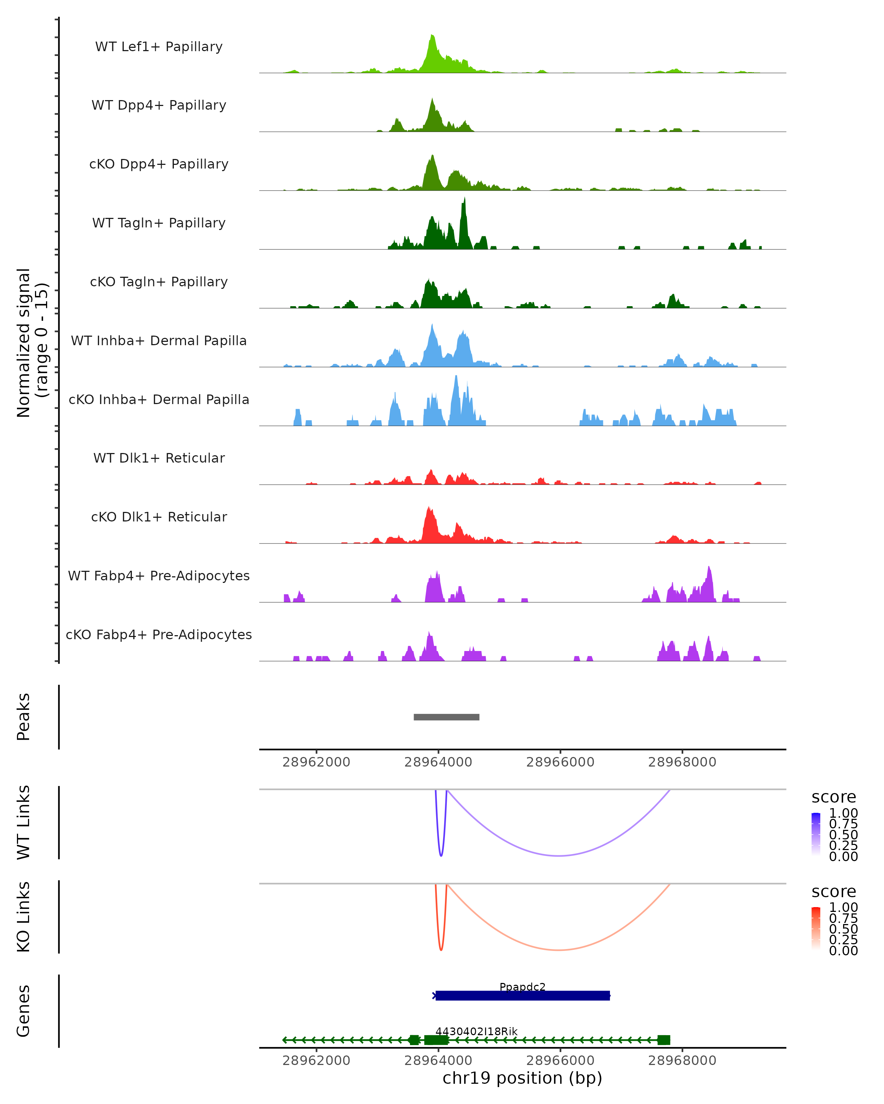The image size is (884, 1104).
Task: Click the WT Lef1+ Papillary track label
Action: click(159, 47)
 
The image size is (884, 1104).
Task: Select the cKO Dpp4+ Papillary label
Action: click(159, 164)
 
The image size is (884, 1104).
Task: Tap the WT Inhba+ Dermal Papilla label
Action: click(159, 341)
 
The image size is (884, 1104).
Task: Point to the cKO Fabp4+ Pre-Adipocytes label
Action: click(159, 635)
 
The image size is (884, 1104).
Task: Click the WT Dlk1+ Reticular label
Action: click(159, 458)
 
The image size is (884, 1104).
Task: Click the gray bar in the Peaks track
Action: click(446, 717)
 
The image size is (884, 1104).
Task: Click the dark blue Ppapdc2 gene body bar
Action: click(522, 996)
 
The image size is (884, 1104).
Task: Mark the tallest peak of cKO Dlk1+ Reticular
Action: click(429, 508)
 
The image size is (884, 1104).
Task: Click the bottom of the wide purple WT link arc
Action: click(559, 856)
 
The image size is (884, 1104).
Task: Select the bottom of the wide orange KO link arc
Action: click(559, 951)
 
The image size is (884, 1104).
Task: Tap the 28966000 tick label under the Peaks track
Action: click(560, 762)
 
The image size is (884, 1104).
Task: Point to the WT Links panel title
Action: click(24, 822)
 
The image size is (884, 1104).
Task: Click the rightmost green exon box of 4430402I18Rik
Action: click(664, 1040)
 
